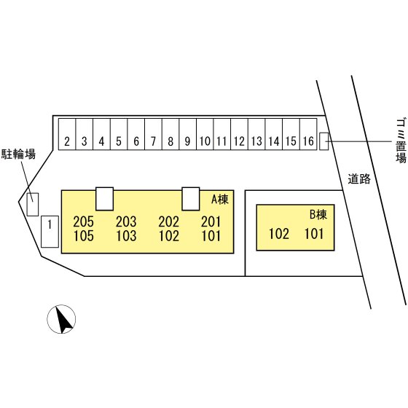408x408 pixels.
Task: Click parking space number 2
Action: [x=67, y=134]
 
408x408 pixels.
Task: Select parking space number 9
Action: [x=188, y=134]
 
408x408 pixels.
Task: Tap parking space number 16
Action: [x=308, y=134]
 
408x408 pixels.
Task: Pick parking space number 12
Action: [x=240, y=134]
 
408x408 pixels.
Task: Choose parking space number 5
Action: [x=119, y=134]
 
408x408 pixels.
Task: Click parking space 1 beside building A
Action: [x=50, y=232]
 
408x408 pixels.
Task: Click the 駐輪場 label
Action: [x=18, y=154]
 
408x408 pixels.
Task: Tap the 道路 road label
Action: [x=359, y=179]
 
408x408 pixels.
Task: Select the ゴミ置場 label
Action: [x=401, y=141]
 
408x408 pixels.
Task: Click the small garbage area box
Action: [x=324, y=141]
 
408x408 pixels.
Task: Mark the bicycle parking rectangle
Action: [x=33, y=204]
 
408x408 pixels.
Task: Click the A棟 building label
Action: [x=220, y=200]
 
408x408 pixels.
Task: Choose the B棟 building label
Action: [x=318, y=214]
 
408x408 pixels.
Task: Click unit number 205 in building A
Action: [x=83, y=221]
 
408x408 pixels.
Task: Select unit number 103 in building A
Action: [x=126, y=236]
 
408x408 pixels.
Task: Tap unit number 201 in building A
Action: [x=211, y=221]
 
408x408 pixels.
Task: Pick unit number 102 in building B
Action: [x=278, y=234]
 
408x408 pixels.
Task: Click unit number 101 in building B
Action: [x=314, y=234]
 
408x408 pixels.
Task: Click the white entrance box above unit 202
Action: [x=191, y=199]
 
